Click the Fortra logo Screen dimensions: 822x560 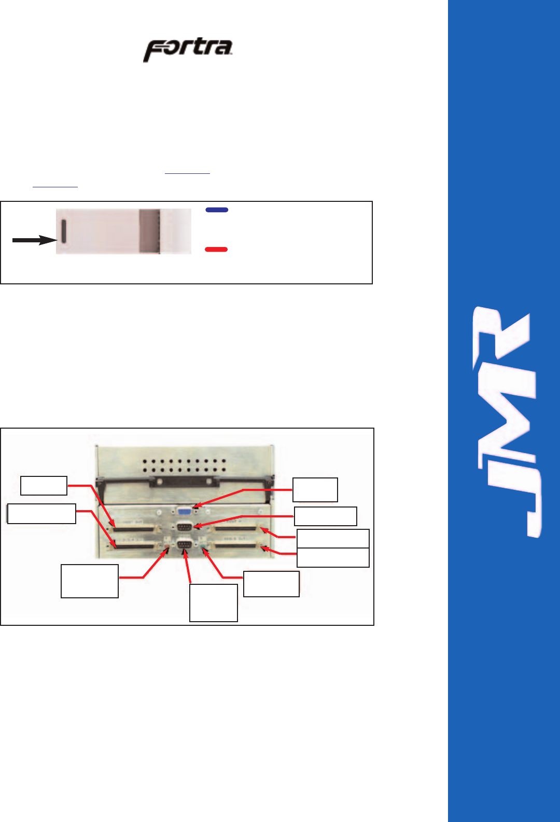point(188,50)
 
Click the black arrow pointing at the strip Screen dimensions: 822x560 point(34,240)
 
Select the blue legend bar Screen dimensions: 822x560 point(217,210)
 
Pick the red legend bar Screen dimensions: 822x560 point(216,250)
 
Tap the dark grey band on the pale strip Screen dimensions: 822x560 point(150,231)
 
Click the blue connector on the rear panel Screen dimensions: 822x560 point(185,511)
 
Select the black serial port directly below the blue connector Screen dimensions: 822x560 point(185,527)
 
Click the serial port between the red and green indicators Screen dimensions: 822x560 point(185,544)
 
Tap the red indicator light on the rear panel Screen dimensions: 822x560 point(167,546)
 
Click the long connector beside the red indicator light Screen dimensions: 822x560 point(136,546)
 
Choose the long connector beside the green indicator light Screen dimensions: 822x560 point(236,546)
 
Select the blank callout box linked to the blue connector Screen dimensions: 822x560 point(315,489)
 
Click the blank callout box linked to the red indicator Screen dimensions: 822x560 point(90,581)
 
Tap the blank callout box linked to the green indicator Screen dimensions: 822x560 point(271,584)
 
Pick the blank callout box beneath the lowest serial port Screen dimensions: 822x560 point(214,602)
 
